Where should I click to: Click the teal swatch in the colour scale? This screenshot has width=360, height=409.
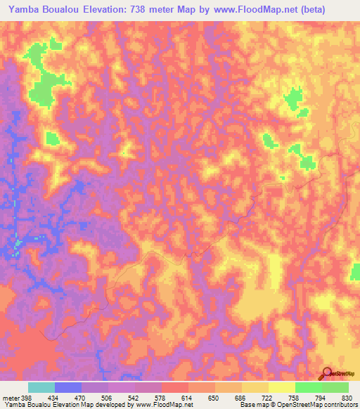point(41,388)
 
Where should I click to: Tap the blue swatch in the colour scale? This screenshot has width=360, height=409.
point(68,388)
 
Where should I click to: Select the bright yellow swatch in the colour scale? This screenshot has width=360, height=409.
point(282,388)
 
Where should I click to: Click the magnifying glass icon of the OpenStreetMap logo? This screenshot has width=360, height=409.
point(327,372)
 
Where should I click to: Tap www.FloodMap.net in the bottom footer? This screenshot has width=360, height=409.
point(162,405)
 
